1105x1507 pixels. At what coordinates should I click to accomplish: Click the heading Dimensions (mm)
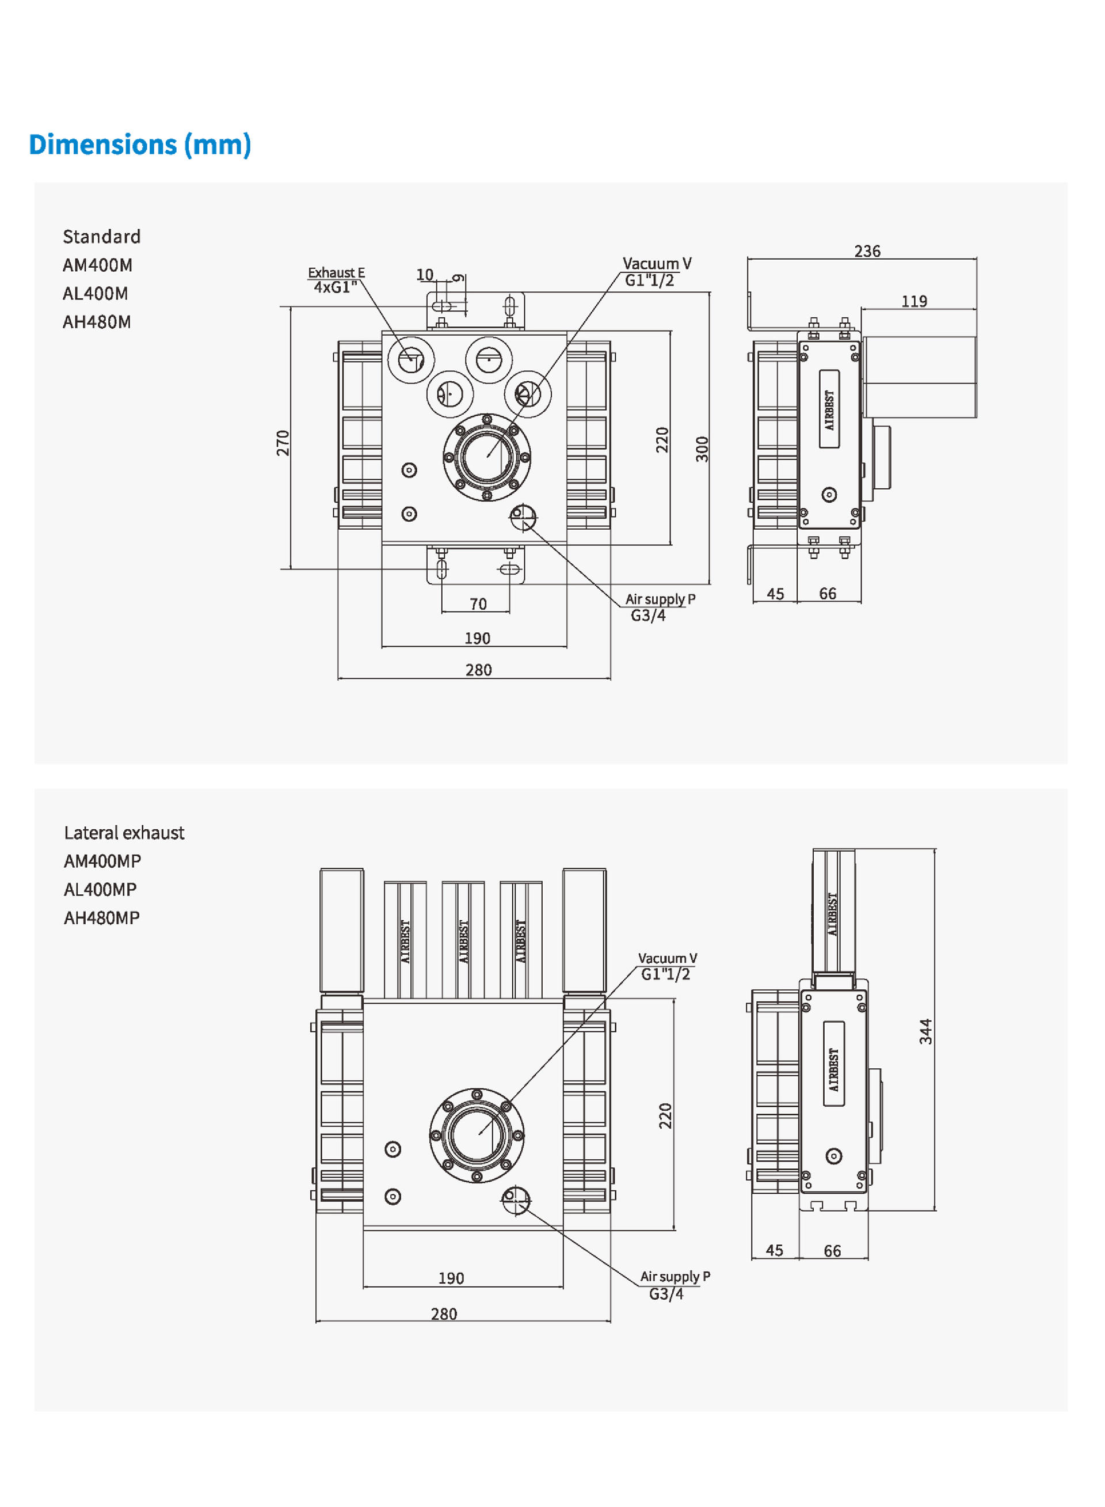coord(140,145)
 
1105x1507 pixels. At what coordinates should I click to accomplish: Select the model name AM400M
coord(98,265)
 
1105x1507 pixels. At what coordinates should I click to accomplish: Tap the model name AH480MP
coord(102,917)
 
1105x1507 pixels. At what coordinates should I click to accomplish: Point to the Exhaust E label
coord(337,272)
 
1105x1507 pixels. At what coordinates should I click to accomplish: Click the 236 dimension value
coord(867,251)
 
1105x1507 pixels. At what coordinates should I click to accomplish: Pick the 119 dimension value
coord(914,301)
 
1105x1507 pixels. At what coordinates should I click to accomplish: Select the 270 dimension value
coord(283,443)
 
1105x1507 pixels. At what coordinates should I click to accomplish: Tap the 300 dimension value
coord(702,449)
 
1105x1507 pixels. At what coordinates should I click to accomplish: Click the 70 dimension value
coord(478,604)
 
